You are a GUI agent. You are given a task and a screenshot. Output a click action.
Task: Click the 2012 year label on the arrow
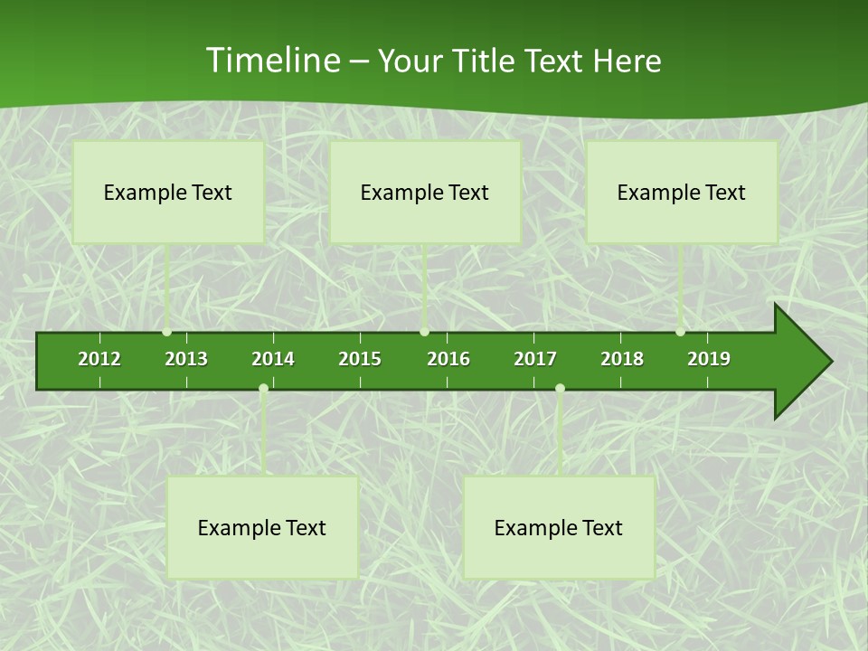click(x=99, y=359)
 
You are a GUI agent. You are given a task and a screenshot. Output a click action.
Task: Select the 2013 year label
click(x=186, y=359)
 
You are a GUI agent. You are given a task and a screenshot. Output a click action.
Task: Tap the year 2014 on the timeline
click(x=273, y=359)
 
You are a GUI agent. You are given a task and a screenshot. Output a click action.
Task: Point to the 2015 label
click(x=360, y=359)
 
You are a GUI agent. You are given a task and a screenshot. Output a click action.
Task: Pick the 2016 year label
click(x=448, y=359)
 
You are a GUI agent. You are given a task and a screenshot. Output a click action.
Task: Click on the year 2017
click(x=535, y=359)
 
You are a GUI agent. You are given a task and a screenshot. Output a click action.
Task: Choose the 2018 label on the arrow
click(x=622, y=359)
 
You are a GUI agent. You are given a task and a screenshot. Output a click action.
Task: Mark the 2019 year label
click(x=709, y=359)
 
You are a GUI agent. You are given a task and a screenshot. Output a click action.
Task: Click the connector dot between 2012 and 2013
click(x=167, y=332)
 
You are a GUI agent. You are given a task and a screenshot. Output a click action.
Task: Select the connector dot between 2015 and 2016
click(x=424, y=332)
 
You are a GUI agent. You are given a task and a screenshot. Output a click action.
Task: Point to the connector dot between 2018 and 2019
click(x=680, y=332)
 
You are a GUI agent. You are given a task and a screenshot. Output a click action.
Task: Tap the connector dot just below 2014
click(x=263, y=389)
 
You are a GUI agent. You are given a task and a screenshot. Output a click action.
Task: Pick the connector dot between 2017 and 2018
click(x=560, y=389)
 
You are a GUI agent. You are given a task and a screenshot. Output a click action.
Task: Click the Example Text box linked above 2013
click(x=168, y=192)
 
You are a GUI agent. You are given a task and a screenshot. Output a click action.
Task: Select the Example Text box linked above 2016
click(x=425, y=192)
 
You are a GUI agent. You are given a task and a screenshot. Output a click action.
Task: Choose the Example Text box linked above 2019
click(x=682, y=192)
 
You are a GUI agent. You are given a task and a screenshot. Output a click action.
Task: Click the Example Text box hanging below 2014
click(x=262, y=527)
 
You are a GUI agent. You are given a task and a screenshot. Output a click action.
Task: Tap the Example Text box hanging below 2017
click(x=559, y=527)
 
